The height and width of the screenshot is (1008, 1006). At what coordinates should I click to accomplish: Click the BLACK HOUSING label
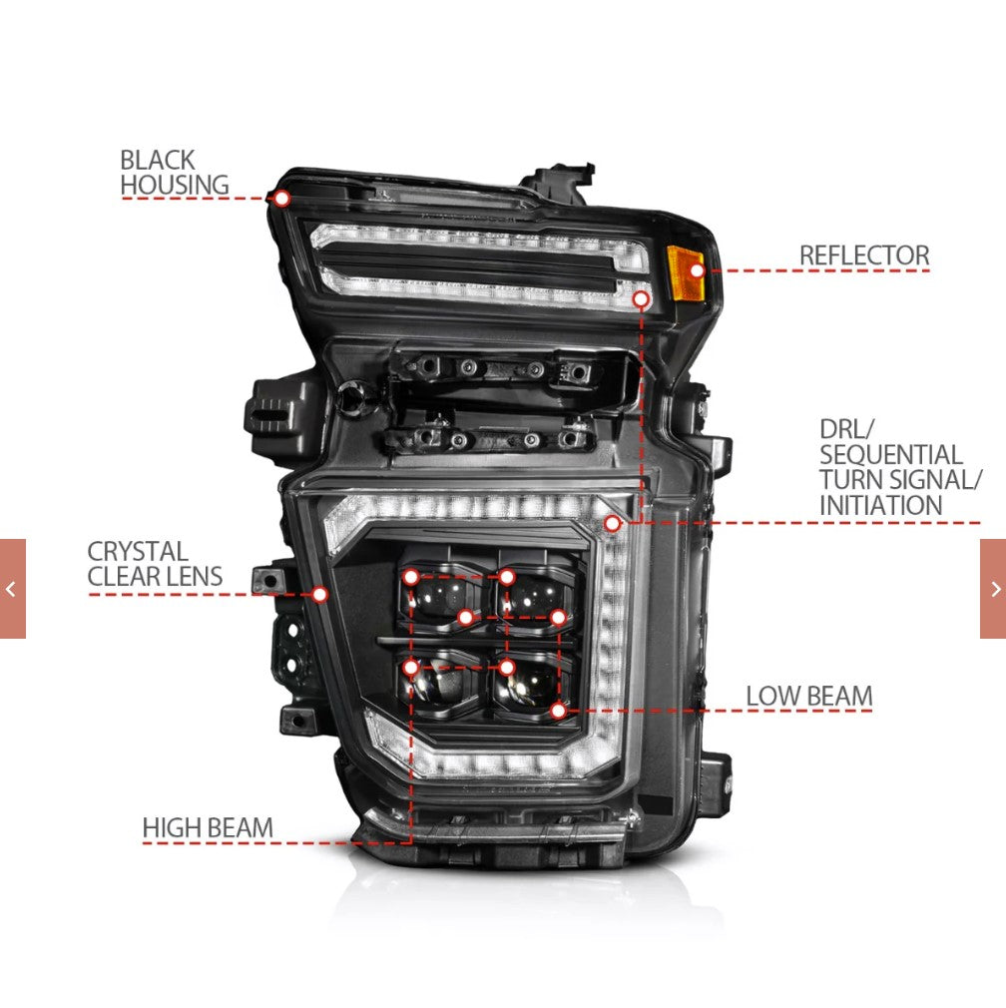coord(175,173)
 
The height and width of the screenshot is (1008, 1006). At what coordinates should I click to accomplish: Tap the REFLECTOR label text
coord(864,255)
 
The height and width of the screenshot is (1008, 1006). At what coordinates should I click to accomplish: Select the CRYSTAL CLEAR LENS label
coord(155,564)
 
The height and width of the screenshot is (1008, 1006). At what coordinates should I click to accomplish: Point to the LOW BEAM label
coord(808,697)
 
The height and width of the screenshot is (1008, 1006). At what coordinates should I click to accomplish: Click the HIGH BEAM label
coord(208,828)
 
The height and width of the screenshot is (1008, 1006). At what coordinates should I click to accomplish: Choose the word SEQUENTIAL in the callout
coord(890,454)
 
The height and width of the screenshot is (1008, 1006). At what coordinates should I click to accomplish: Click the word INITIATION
coord(880,505)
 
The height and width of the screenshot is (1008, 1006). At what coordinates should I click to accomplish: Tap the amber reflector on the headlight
coord(686,273)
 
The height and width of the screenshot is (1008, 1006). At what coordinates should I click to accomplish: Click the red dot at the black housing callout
coord(281,199)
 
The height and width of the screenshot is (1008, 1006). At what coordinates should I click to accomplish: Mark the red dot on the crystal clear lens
coord(319,595)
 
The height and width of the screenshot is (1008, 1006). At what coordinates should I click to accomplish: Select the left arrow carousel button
coord(12,589)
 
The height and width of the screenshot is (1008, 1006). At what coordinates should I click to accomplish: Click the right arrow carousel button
coord(993,589)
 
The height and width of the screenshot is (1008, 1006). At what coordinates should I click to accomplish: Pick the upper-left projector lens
coord(443,598)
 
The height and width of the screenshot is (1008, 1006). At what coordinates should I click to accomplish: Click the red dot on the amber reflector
coord(697,270)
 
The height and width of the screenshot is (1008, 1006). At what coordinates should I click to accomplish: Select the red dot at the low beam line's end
coord(558,711)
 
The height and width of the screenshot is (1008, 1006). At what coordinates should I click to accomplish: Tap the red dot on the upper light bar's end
coord(641,299)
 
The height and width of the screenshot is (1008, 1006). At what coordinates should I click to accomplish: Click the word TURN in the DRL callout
coord(846,480)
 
